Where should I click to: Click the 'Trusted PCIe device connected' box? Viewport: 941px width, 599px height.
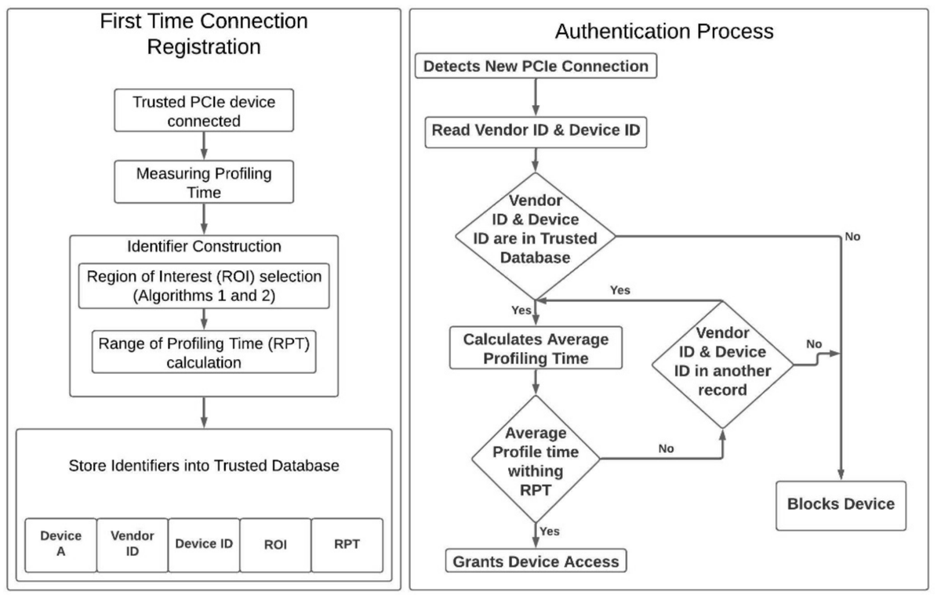(203, 111)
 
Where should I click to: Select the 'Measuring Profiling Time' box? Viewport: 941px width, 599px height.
(203, 181)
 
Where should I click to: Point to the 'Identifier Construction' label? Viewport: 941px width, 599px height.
(204, 246)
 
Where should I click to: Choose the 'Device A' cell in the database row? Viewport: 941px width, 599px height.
(60, 544)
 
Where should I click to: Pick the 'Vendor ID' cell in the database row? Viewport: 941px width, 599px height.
(132, 544)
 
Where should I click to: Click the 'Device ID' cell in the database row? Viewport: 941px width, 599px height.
(204, 544)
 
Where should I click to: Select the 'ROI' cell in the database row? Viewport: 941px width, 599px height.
(275, 544)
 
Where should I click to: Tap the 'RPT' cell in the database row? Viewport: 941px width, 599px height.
(347, 544)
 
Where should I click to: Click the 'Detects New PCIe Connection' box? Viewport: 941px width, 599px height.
(536, 67)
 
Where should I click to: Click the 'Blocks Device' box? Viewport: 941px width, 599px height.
(841, 504)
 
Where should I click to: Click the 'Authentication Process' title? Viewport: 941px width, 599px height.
(664, 31)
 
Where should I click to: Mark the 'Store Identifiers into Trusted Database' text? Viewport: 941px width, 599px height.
(204, 466)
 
